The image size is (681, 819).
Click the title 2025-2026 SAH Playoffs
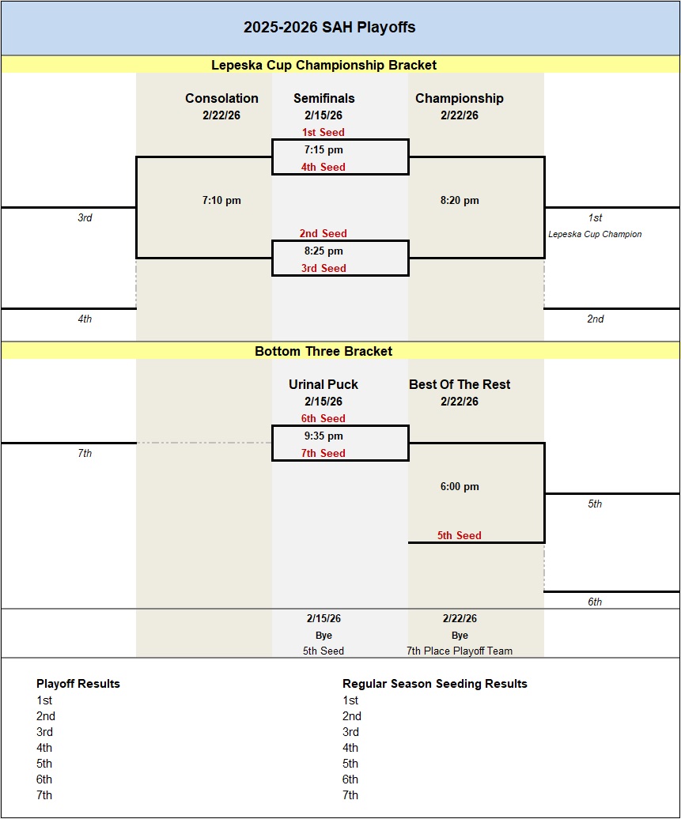[329, 28]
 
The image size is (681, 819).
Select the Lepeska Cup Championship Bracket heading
[323, 65]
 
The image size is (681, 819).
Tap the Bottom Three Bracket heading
[323, 351]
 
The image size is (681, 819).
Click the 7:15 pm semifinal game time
[323, 149]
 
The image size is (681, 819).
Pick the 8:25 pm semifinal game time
[323, 251]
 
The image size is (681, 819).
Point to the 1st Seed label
[323, 132]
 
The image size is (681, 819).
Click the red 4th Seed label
[323, 167]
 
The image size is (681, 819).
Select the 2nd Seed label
[323, 233]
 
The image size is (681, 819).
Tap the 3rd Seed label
[323, 268]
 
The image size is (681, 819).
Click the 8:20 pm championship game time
[460, 200]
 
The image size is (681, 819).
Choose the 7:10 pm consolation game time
[221, 200]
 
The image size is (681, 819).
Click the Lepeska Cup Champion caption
[595, 234]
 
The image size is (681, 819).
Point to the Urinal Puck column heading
[323, 384]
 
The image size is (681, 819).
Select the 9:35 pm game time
[323, 436]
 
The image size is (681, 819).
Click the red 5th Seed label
[459, 535]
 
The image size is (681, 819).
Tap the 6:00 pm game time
[460, 486]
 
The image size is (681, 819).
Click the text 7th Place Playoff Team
[460, 651]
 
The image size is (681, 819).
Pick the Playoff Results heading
[78, 683]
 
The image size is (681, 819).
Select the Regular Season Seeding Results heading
[434, 683]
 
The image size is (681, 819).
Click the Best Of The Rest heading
[460, 384]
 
